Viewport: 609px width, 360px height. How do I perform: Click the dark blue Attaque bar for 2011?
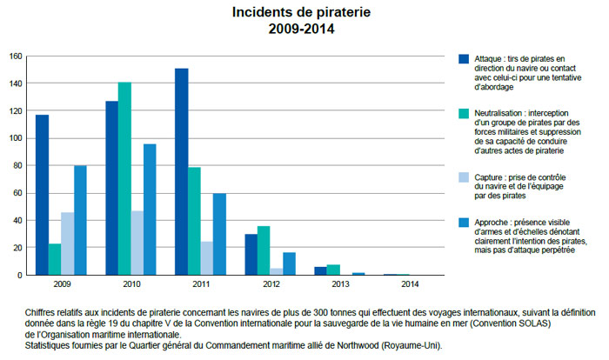[181, 171]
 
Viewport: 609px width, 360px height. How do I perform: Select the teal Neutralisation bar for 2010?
[124, 178]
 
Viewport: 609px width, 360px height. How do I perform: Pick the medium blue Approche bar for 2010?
[150, 209]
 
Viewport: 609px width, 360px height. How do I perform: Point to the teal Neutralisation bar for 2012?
[264, 250]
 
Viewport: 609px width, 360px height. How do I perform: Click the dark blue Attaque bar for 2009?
[42, 195]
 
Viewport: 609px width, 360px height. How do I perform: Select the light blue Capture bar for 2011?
[207, 258]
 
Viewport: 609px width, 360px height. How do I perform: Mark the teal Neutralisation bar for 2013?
[334, 270]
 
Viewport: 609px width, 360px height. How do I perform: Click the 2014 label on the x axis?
[410, 283]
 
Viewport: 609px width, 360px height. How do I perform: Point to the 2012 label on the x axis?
[271, 283]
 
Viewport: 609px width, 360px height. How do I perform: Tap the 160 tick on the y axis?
[15, 57]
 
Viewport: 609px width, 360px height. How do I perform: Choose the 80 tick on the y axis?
[17, 165]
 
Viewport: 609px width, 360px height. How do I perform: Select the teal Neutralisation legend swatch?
[464, 113]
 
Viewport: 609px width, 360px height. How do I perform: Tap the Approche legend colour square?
[464, 222]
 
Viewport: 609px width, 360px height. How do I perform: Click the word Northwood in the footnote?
[365, 345]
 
